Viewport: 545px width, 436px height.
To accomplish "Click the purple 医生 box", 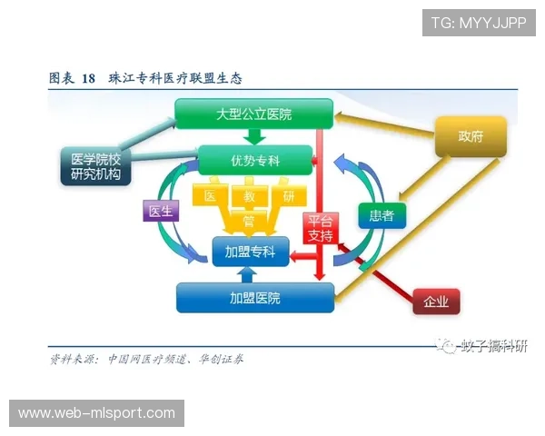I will tap(160, 211).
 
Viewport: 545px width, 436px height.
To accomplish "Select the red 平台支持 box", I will tap(321, 228).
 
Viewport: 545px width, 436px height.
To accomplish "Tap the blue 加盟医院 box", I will tap(254, 298).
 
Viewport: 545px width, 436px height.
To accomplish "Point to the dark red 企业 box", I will tap(436, 302).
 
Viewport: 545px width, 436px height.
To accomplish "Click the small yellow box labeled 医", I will tap(210, 196).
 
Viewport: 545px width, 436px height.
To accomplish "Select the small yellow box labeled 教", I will tap(249, 196).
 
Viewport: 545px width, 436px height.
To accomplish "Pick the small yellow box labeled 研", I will tap(288, 196).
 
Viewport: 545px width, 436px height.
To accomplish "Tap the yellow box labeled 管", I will tap(249, 220).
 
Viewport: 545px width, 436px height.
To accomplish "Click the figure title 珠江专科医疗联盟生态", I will tap(174, 78).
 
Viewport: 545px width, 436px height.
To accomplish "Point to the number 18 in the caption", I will tap(88, 78).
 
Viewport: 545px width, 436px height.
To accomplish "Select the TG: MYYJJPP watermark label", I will tap(479, 22).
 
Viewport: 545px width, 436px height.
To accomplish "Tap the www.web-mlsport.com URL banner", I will tap(97, 413).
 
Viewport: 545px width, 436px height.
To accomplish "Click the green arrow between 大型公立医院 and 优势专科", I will tap(255, 136).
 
